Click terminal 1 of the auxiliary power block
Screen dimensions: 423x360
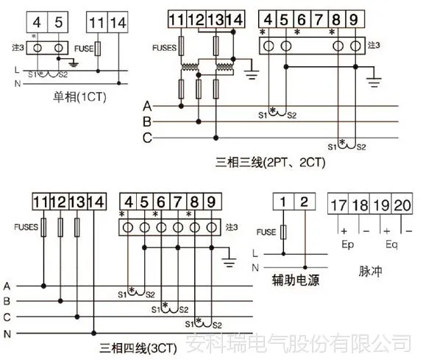click(x=283, y=202)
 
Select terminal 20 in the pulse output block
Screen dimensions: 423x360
click(x=402, y=205)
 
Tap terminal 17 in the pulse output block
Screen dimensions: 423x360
click(x=338, y=205)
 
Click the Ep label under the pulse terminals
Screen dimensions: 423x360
click(x=347, y=244)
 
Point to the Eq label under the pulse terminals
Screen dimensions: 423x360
click(x=391, y=244)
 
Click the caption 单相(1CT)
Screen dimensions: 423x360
click(x=79, y=97)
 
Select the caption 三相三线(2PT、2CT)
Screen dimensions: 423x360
click(x=270, y=163)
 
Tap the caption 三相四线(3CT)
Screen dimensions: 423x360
click(x=138, y=348)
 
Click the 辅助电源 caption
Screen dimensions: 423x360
click(x=296, y=280)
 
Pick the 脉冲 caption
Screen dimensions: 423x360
click(x=370, y=271)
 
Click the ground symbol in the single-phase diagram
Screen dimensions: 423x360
click(x=74, y=64)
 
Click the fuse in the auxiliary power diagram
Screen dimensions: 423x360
click(x=283, y=232)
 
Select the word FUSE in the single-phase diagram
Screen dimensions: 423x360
click(x=84, y=49)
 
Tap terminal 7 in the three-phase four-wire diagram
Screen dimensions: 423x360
click(x=177, y=202)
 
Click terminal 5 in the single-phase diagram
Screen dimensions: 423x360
click(x=58, y=22)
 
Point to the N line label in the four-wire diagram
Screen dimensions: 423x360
click(x=7, y=334)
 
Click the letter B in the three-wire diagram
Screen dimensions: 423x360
click(x=147, y=121)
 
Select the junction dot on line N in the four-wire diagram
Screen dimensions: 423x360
click(x=93, y=333)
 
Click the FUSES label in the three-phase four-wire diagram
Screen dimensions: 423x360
click(x=26, y=227)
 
